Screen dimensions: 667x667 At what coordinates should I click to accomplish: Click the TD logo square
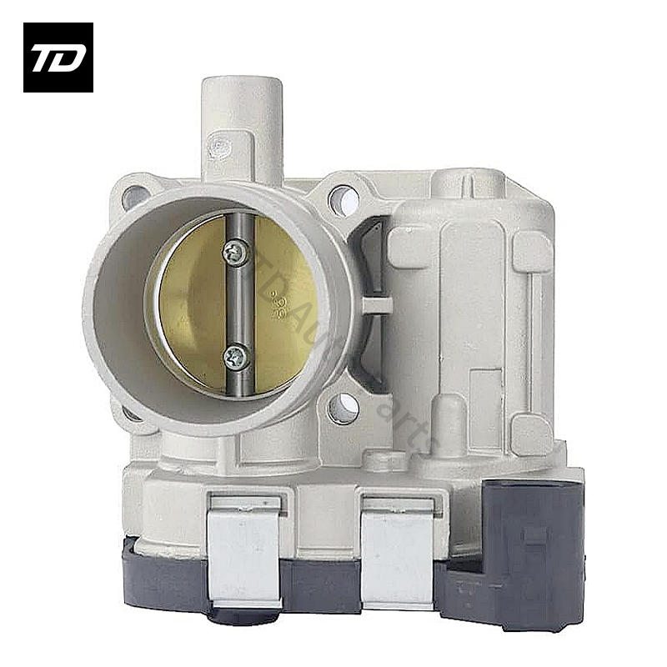(58, 57)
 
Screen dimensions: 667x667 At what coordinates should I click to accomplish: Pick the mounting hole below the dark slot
(342, 409)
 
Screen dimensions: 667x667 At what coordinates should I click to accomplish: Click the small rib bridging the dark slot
(377, 304)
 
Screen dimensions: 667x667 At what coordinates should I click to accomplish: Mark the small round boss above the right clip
(383, 459)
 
